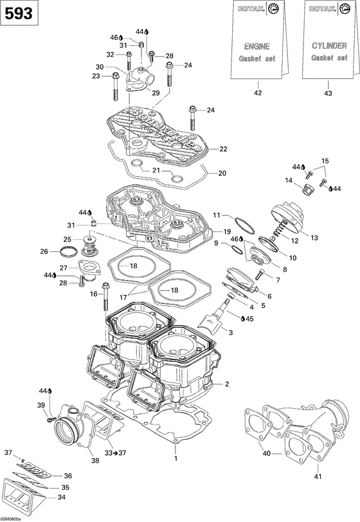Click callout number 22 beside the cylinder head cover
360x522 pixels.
click(x=223, y=149)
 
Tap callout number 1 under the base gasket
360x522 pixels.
click(x=174, y=458)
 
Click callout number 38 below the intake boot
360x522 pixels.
click(x=95, y=460)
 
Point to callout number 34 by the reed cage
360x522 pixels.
click(x=62, y=497)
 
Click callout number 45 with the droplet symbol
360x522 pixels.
click(x=249, y=318)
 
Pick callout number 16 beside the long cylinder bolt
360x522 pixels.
click(x=94, y=294)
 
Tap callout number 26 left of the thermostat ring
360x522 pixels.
click(x=44, y=251)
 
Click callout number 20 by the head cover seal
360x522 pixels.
click(x=222, y=173)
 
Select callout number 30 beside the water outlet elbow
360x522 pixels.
click(x=99, y=67)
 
